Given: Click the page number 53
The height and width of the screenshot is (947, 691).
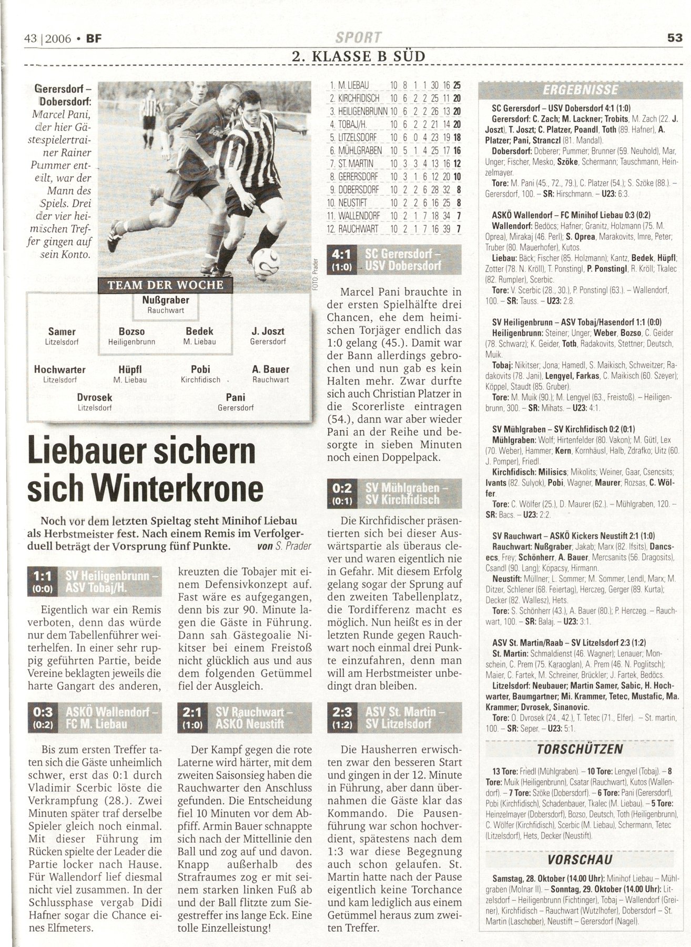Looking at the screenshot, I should pyautogui.click(x=674, y=38).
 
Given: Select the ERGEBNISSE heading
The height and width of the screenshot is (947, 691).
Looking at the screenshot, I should pyautogui.click(x=580, y=89).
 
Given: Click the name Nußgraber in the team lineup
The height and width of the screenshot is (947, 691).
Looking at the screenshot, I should pyautogui.click(x=166, y=300).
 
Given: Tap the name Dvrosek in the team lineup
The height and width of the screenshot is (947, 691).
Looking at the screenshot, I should pyautogui.click(x=95, y=397).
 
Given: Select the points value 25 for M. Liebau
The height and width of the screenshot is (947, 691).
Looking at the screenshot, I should pyautogui.click(x=456, y=85).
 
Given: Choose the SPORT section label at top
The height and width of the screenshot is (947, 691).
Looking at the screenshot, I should pyautogui.click(x=359, y=38).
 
